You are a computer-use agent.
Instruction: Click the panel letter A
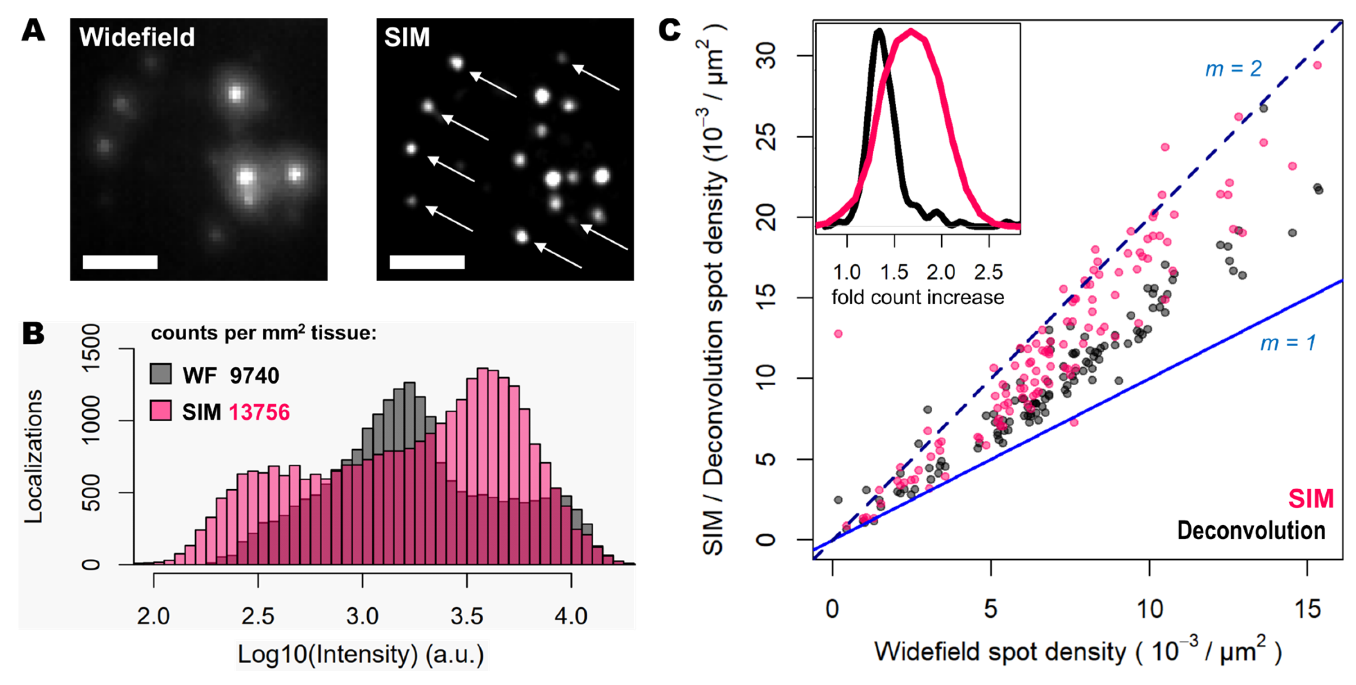click(33, 31)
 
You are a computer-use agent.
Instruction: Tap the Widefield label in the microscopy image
click(137, 37)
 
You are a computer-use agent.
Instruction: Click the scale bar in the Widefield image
click(120, 262)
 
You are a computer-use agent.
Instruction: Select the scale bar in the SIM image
click(427, 262)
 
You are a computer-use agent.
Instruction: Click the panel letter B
click(33, 333)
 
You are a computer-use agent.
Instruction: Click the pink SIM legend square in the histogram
click(160, 410)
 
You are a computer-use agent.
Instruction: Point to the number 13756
click(259, 412)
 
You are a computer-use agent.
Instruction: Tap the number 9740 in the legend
click(254, 375)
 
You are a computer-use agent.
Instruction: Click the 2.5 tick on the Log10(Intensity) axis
click(258, 615)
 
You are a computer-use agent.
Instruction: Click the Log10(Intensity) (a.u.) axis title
click(361, 654)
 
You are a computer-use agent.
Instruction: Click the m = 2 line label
click(1233, 68)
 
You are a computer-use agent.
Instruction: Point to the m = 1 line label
click(1288, 343)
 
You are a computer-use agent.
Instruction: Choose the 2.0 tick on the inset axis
click(941, 272)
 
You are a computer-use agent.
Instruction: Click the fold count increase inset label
click(918, 298)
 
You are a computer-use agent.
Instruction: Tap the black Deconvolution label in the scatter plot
click(1251, 531)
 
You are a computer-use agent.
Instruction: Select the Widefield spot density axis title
click(1078, 651)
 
